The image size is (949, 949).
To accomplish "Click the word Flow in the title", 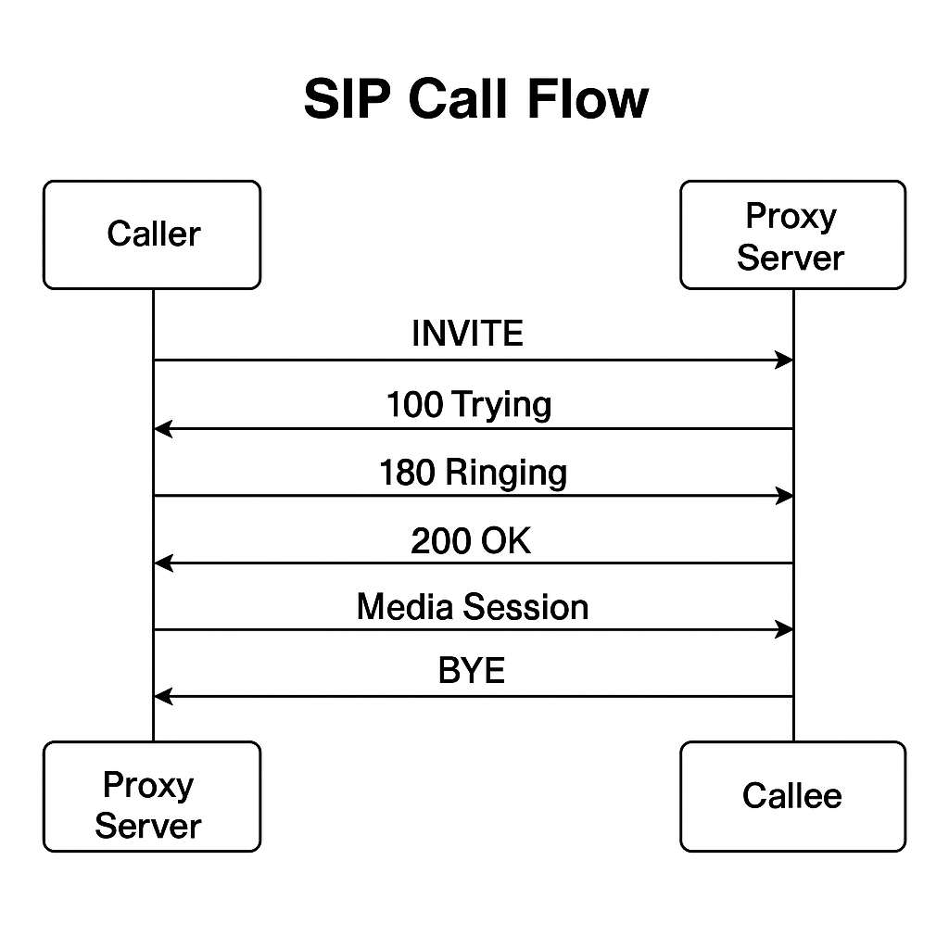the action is (588, 98).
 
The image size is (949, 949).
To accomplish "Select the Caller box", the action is (152, 234).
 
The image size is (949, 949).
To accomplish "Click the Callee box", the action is (793, 796).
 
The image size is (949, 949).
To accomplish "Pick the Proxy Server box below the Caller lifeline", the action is (152, 796).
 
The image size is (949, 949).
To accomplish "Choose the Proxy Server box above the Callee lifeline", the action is (793, 234).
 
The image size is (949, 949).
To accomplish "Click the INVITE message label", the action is (467, 333).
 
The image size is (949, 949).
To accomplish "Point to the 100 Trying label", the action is (469, 404).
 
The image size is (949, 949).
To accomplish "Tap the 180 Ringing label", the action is (474, 473).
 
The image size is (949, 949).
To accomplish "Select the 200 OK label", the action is (471, 540).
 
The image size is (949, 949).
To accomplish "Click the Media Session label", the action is (473, 606).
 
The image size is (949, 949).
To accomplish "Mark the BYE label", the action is (472, 670).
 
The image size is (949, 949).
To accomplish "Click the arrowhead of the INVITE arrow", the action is (785, 361).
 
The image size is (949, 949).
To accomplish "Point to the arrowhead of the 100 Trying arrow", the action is (163, 428).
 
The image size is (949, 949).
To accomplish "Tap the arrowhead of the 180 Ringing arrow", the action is (785, 497).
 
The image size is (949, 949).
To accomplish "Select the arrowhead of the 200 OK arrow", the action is (163, 563).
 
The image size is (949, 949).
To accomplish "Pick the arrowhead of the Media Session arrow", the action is (785, 630).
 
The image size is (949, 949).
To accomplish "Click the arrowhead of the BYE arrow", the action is (163, 697).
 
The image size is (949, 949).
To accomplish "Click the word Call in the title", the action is (458, 98).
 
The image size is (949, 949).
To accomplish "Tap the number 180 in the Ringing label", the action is (407, 473).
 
